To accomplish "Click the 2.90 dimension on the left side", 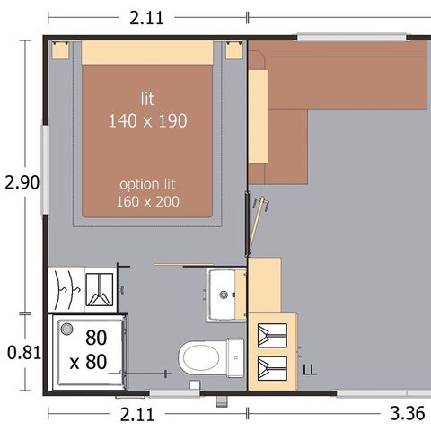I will click(22, 182).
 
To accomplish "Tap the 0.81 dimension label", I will click(22, 353).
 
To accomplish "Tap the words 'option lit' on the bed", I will click(148, 183).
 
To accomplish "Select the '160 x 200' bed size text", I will click(148, 201).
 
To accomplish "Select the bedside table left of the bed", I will click(62, 50).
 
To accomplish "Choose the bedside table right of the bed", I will click(235, 50).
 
